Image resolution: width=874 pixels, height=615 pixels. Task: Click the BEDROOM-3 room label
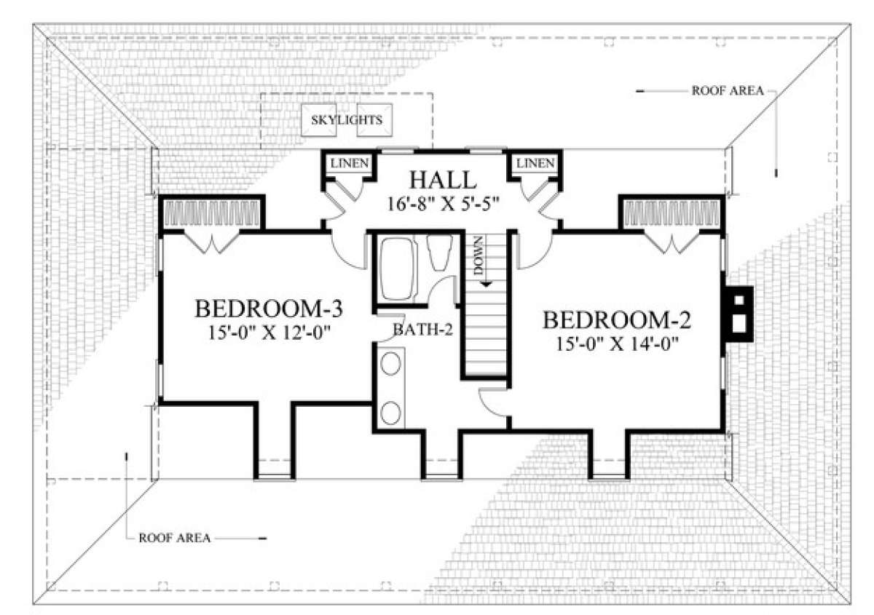coord(269,309)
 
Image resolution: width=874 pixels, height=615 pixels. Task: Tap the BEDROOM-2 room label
coord(617,320)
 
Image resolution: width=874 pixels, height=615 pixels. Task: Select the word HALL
coord(443,180)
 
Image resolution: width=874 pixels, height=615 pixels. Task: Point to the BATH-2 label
coord(423,330)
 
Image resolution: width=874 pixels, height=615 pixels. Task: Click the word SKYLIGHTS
coord(347,120)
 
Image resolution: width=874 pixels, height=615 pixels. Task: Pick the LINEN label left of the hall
coord(349,164)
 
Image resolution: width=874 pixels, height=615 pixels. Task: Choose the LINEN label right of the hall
coord(535,164)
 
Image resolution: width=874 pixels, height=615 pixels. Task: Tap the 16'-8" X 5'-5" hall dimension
coord(444,204)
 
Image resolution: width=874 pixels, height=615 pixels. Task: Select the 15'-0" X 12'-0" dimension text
coord(269,333)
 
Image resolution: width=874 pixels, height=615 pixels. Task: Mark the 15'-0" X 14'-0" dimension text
coord(618,344)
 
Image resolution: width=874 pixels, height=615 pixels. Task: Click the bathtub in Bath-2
coord(396,269)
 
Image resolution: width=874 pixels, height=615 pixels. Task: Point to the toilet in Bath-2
coord(440,253)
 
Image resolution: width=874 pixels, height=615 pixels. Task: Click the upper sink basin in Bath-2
coord(390,363)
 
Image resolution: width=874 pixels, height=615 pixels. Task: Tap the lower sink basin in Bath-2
coord(390,413)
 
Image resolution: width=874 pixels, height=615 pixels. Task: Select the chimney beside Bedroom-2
coord(736,314)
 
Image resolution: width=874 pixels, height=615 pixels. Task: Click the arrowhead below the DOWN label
coord(486,285)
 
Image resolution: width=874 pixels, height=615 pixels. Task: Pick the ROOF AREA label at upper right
coord(728,91)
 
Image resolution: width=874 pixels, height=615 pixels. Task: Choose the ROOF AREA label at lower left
coord(174,538)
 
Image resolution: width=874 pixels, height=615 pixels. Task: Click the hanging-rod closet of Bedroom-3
coord(211,213)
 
